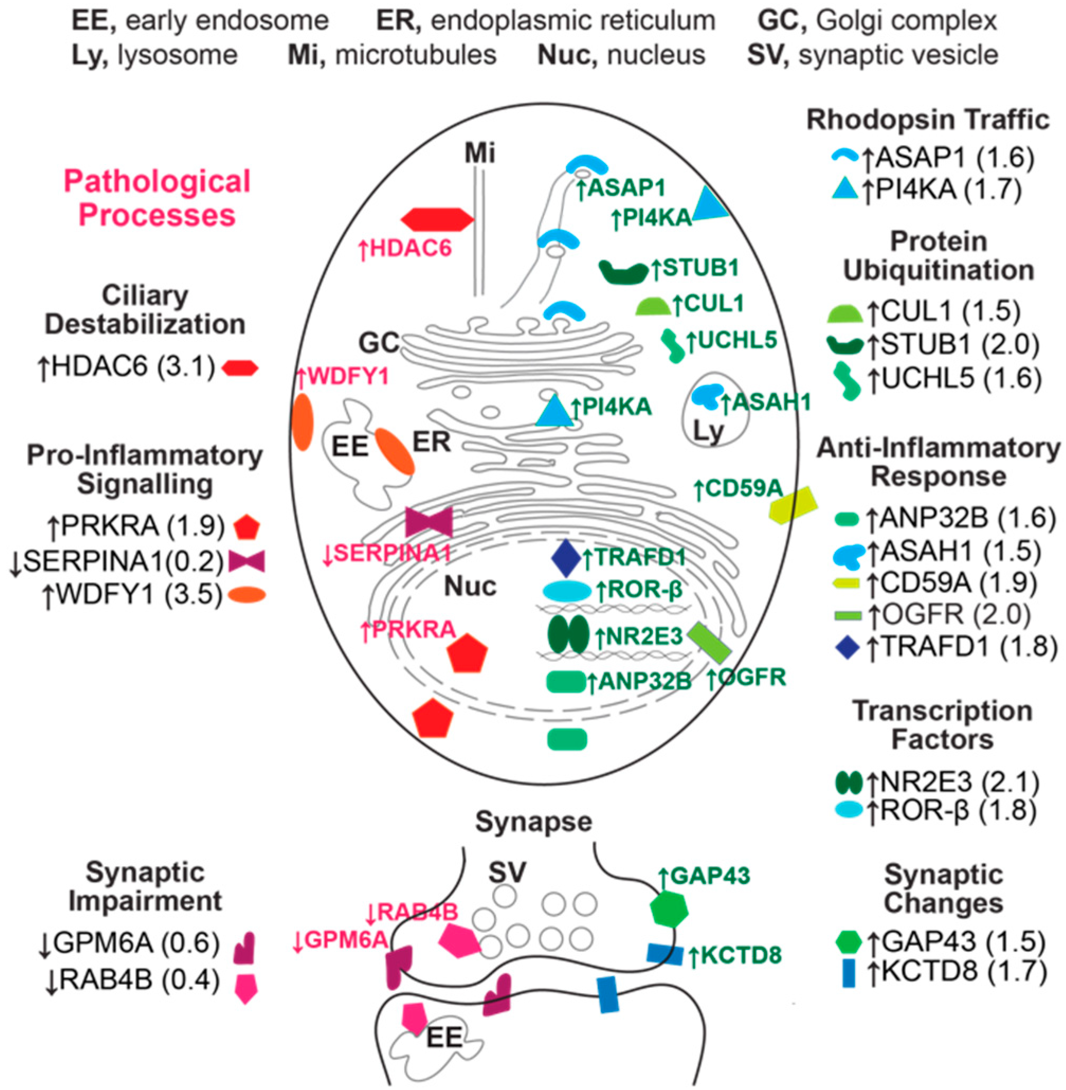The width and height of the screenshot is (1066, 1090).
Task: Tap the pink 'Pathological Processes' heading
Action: coord(157,199)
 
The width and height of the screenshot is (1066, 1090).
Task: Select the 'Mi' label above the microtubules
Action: coord(480,153)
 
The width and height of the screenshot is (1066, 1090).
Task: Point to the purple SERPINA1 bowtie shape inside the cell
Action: coord(429,522)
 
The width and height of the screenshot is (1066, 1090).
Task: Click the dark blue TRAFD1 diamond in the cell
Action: coord(567,557)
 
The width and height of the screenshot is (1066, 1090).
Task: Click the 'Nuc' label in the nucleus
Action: coord(470,586)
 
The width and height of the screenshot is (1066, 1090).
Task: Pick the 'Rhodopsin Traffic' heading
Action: coord(928,120)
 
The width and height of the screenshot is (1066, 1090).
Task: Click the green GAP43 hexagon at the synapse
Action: coord(670,910)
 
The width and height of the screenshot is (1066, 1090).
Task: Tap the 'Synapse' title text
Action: coord(533,822)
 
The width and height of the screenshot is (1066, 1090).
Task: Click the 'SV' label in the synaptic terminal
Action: coord(507,871)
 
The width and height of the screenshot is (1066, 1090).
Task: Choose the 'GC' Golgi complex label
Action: coord(379,343)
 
